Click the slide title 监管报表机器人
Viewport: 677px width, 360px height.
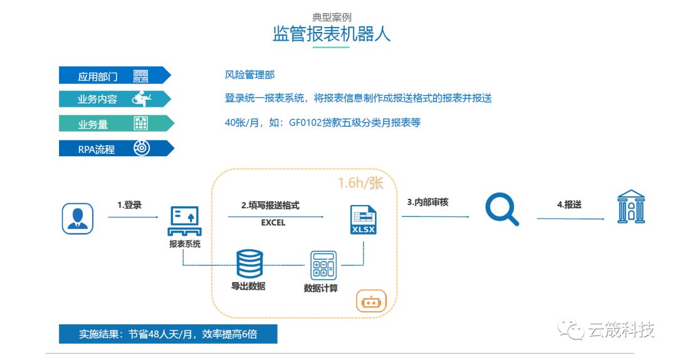[332, 33]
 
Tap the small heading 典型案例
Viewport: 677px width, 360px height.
[332, 17]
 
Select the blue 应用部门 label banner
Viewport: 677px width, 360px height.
[113, 75]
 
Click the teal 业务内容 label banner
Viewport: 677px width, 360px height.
[113, 99]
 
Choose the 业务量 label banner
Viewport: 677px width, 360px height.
[113, 124]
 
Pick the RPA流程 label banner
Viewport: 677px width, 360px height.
[113, 148]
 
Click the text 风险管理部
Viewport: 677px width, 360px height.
[249, 75]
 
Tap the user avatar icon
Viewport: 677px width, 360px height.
[78, 218]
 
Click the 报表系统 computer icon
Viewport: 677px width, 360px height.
[184, 220]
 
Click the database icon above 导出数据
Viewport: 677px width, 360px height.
[249, 264]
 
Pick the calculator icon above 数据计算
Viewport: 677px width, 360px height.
[323, 265]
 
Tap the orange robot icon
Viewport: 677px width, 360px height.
[371, 302]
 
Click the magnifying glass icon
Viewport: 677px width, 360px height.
[503, 209]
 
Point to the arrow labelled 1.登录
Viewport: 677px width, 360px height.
[133, 218]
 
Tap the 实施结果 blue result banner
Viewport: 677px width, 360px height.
[167, 334]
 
